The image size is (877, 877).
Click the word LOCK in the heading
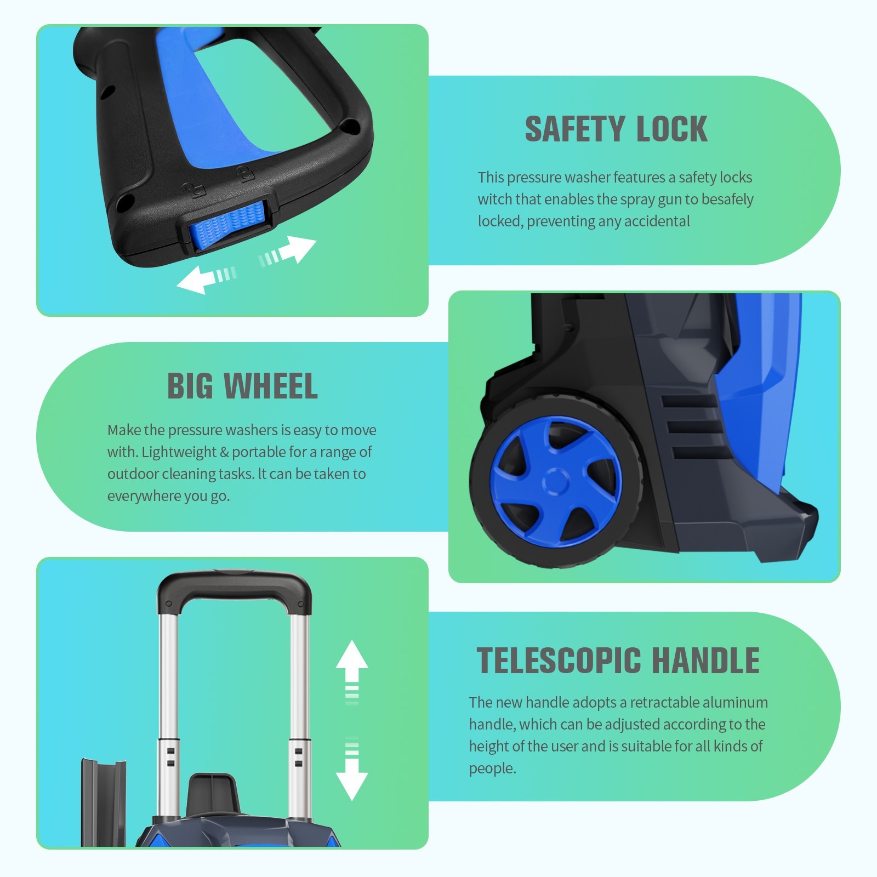click(x=672, y=129)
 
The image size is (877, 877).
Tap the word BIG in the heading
click(x=190, y=386)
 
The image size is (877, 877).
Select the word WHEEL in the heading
click(x=271, y=386)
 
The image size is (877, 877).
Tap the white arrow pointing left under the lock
click(x=206, y=278)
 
